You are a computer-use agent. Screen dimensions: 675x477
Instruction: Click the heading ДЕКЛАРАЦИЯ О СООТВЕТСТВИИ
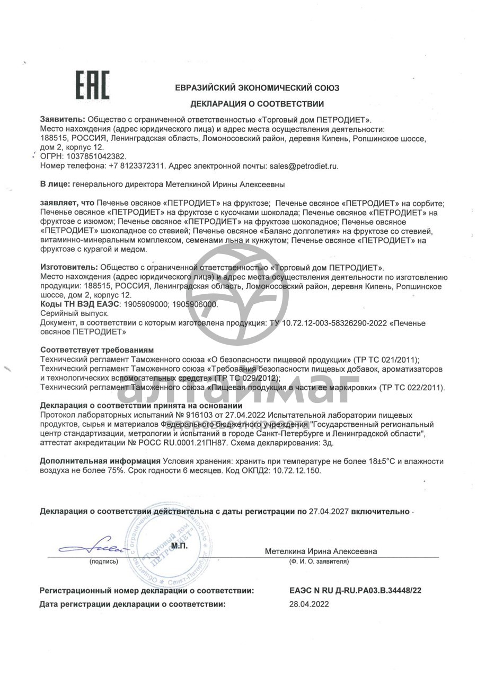(257, 104)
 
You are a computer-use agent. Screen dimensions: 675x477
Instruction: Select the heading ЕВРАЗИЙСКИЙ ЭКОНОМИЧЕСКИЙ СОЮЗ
(257, 88)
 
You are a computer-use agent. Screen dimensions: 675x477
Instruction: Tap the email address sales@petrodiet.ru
(303, 166)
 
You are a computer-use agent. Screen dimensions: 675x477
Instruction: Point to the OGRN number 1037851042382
(94, 156)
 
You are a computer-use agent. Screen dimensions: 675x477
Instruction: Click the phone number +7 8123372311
(137, 166)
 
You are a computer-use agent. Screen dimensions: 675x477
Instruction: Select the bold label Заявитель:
(62, 119)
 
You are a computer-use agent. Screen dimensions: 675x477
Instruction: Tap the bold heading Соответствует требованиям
(97, 350)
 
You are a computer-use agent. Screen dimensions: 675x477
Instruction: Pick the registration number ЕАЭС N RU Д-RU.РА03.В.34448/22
(355, 590)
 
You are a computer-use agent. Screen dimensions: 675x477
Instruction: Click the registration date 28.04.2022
(309, 604)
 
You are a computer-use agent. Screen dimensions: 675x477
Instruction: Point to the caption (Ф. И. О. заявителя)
(319, 561)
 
